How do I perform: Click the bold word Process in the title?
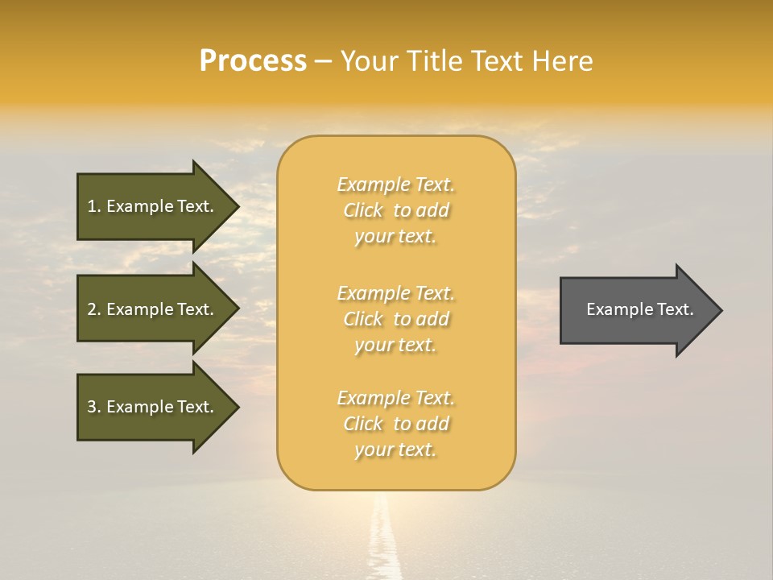tap(253, 61)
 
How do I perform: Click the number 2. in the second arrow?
tap(94, 309)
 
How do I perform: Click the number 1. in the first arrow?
tap(94, 206)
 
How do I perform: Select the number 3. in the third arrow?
tap(94, 407)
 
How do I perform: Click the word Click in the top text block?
tap(363, 210)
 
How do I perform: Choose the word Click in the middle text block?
tap(363, 319)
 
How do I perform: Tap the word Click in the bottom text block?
tap(363, 424)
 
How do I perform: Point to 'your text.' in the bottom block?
tap(395, 449)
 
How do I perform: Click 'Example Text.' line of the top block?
tap(395, 184)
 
